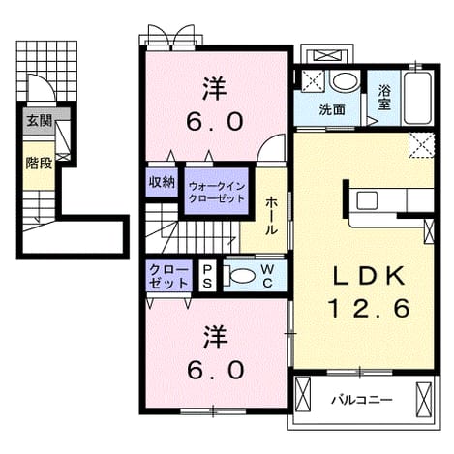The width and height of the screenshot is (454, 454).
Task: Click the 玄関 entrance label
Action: [x=39, y=121]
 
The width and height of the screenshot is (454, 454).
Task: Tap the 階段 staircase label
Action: [x=39, y=164]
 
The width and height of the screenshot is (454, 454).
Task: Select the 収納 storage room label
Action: [x=162, y=182]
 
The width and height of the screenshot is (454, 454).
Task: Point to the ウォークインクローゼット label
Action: [x=217, y=193]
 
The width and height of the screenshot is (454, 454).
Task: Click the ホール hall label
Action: [x=271, y=216]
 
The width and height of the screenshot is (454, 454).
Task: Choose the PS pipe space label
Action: [x=207, y=277]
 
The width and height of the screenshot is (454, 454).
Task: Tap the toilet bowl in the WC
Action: [x=239, y=276]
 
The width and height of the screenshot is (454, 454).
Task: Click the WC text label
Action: [x=267, y=276]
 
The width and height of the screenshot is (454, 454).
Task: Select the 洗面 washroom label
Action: [x=332, y=110]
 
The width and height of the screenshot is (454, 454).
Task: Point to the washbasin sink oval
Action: [x=346, y=81]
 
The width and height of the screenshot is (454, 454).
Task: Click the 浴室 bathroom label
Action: [x=384, y=97]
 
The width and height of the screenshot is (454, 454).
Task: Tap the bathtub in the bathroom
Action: [x=417, y=98]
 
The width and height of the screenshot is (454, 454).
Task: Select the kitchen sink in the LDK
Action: [x=367, y=200]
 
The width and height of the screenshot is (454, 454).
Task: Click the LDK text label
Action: [x=369, y=276]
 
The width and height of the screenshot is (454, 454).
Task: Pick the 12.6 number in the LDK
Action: [x=370, y=308]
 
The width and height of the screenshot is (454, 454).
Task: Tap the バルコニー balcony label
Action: [x=362, y=401]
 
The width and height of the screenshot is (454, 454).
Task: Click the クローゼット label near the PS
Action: [x=168, y=276]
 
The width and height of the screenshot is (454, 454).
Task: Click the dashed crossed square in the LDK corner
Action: [x=421, y=145]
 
